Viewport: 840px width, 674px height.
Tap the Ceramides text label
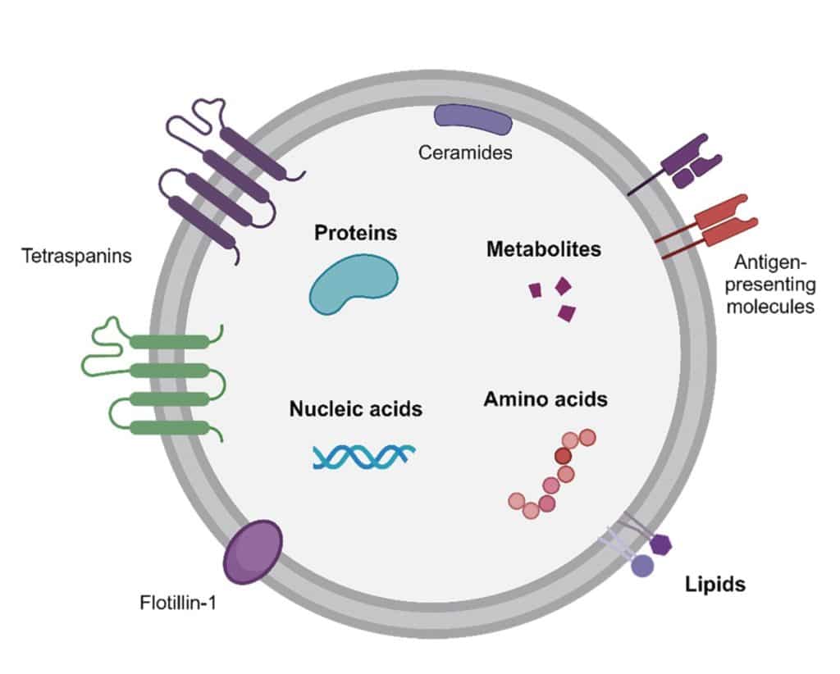point(465,153)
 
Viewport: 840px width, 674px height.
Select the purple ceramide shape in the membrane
point(473,120)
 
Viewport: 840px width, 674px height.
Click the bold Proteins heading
point(355,233)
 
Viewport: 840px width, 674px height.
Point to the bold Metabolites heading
point(544,248)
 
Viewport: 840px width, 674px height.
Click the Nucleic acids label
point(355,408)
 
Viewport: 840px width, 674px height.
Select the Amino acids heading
point(545,399)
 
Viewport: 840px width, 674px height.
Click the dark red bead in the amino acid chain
point(563,455)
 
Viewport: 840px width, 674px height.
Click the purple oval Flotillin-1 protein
point(253,551)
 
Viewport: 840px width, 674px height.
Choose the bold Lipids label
point(715,585)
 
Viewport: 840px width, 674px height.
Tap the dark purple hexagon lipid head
point(660,544)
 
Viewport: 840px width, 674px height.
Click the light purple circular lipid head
point(641,565)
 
